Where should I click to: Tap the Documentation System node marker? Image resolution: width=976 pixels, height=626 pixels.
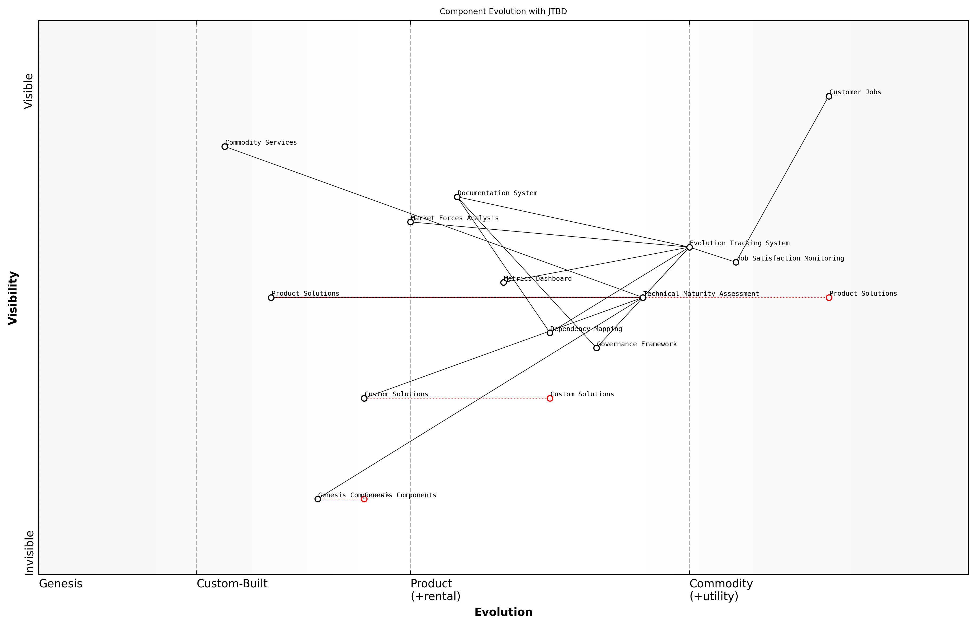(457, 197)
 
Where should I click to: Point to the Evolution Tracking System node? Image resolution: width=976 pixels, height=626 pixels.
(689, 247)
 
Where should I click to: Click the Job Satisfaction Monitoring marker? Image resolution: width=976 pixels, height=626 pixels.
(736, 262)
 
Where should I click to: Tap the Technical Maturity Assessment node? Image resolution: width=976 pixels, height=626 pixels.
(643, 298)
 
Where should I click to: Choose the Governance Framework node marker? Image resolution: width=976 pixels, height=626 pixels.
(596, 348)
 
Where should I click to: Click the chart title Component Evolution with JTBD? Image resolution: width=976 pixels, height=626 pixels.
(503, 11)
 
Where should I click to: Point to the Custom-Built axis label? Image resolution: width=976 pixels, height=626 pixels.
(232, 584)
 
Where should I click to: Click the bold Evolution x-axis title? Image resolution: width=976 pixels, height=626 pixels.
(503, 612)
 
